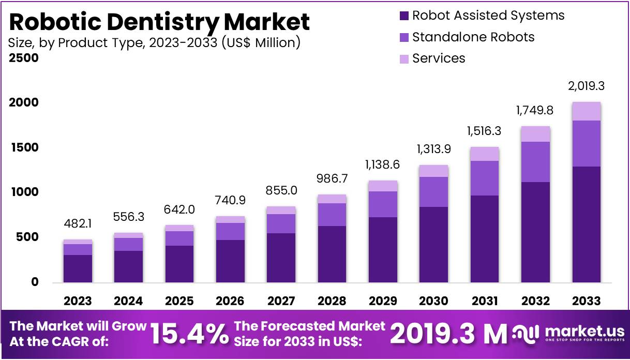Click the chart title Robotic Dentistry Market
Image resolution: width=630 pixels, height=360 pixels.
click(159, 22)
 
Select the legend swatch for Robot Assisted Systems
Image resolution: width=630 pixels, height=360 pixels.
click(404, 16)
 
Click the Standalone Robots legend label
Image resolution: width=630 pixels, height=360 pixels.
click(473, 37)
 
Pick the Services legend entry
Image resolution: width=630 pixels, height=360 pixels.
click(438, 58)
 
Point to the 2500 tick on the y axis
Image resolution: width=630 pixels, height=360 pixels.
click(24, 58)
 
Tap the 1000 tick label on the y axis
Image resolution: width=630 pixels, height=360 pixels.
click(24, 192)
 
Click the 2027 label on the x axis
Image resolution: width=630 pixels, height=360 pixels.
click(280, 301)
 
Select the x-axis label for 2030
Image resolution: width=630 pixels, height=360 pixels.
click(433, 301)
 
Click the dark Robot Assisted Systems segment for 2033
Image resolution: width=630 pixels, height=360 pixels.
click(586, 224)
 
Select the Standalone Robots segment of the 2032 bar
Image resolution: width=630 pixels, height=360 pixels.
click(535, 162)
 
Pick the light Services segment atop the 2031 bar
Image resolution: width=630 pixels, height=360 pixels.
click(484, 154)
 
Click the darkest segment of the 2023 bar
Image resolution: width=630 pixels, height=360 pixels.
click(78, 268)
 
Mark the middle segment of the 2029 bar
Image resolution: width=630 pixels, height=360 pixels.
click(382, 204)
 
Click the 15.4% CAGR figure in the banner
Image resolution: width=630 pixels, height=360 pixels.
click(189, 334)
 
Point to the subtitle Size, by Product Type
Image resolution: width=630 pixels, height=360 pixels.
click(154, 42)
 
